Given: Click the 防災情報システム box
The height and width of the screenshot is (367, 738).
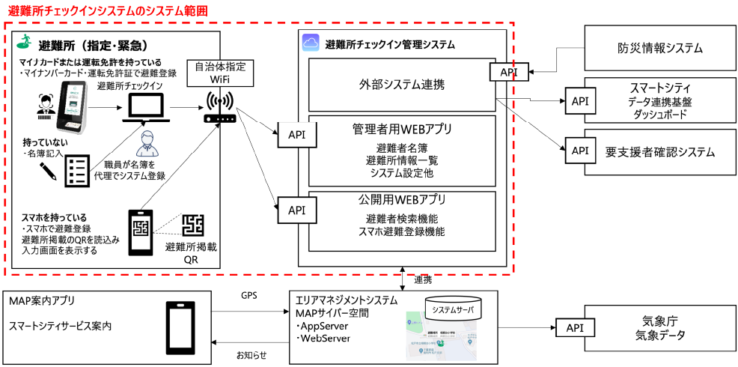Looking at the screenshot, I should click(x=655, y=48).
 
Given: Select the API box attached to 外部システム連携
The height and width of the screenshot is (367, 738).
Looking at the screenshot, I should click(x=509, y=73).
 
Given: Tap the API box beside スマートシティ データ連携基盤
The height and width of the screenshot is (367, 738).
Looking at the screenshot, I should click(x=579, y=100).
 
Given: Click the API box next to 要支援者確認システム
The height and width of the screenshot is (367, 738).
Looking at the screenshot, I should click(x=579, y=151).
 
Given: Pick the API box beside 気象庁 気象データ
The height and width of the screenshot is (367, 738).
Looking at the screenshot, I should click(x=574, y=328).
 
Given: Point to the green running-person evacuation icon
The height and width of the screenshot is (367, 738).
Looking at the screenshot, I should click(x=24, y=42).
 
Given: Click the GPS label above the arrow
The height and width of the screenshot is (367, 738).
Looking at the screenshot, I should click(x=248, y=296).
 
